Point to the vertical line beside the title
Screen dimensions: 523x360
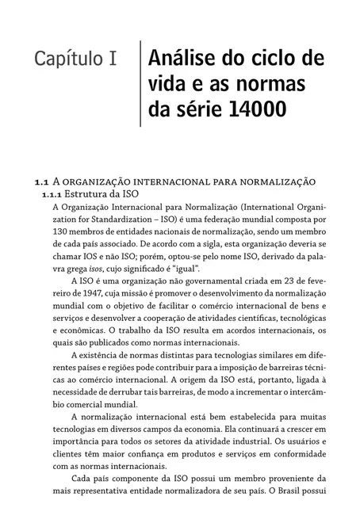point(140,83)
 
